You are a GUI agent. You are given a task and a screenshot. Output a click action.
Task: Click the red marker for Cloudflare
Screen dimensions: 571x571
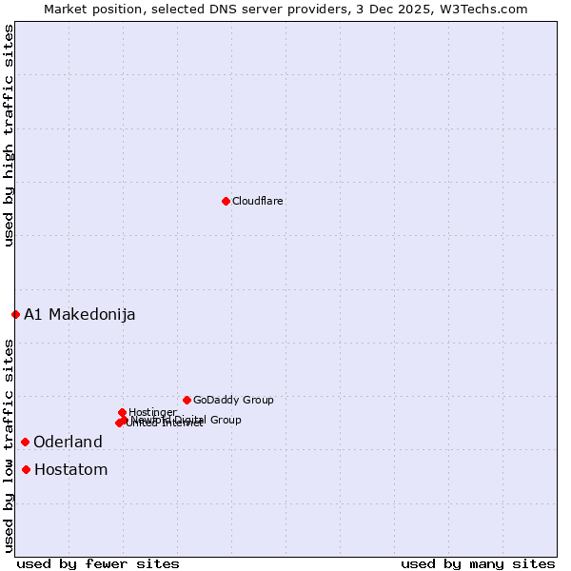[226, 201]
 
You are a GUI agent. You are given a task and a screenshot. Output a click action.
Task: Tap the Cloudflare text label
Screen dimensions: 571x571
[258, 201]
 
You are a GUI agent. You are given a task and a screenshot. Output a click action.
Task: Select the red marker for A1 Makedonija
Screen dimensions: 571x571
[15, 314]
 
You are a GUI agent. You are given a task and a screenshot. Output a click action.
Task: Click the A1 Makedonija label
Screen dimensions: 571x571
[80, 315]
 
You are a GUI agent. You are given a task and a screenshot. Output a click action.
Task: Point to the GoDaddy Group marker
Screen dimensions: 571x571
[187, 400]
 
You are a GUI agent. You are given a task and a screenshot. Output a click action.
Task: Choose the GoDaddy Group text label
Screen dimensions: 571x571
[233, 400]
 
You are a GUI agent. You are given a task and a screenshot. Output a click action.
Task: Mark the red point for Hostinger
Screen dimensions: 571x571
[122, 412]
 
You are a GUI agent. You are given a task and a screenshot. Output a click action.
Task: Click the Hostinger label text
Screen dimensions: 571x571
[152, 412]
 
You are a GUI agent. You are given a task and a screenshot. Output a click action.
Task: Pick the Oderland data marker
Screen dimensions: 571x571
[25, 442]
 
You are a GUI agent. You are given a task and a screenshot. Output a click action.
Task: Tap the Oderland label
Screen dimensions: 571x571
[68, 443]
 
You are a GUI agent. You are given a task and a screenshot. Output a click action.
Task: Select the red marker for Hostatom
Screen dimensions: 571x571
[26, 469]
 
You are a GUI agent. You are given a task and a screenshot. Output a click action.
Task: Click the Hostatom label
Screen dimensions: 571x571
[71, 470]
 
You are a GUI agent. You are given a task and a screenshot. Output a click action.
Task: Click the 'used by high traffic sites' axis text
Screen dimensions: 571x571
[10, 135]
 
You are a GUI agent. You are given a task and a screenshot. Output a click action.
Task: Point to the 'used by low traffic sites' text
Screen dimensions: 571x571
[10, 444]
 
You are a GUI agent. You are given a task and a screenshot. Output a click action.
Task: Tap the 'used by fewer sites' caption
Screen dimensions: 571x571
[98, 563]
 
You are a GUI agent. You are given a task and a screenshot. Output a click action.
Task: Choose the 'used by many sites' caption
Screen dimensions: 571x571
[478, 563]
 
